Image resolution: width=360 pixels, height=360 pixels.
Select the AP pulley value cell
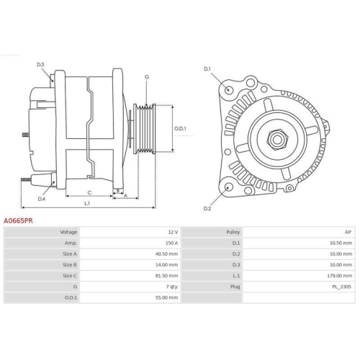pos(348,233)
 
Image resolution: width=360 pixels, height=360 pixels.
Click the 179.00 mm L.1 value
pos(341,275)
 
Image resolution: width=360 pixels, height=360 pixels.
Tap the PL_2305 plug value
pos(342,286)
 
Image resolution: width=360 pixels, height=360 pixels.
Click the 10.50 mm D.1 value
pos(342,243)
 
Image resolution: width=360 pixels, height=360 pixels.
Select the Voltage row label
pos(68,233)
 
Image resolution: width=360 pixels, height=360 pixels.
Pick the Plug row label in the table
pos(235,286)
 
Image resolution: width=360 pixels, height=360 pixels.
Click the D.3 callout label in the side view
pos(40,66)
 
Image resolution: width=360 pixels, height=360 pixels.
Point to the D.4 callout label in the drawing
pos(42,199)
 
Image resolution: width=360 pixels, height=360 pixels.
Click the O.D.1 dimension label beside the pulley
pos(180,129)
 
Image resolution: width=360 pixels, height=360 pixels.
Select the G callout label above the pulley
pos(146,76)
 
